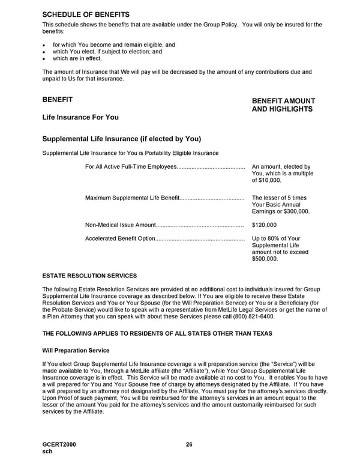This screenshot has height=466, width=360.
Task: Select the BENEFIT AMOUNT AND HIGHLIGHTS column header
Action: tap(283, 105)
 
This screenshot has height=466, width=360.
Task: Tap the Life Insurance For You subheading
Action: tap(80, 117)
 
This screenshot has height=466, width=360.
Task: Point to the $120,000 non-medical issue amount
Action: tap(265, 225)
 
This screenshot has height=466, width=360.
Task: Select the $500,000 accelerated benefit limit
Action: tap(265, 259)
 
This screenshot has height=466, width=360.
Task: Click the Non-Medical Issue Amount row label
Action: tap(121, 225)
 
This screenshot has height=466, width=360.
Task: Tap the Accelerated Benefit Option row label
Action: tap(120, 239)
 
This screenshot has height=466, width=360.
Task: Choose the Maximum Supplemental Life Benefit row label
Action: tap(133, 198)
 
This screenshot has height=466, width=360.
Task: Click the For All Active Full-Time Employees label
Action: tap(131, 166)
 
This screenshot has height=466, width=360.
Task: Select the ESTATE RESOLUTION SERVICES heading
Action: tap(89, 276)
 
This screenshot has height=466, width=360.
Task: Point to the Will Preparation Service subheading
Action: tap(76, 349)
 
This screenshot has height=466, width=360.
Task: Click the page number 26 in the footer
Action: tap(189, 444)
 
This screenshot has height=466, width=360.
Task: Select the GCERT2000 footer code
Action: tap(59, 444)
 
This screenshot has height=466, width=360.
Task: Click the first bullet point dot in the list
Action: tap(44, 45)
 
